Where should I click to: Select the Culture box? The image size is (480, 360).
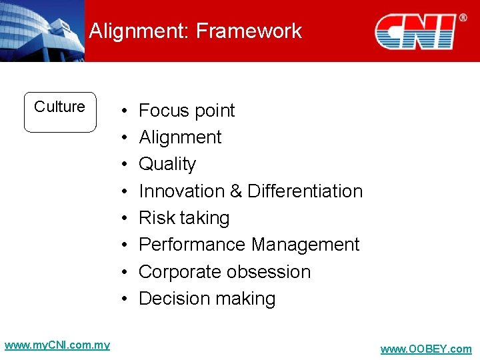[x=60, y=112]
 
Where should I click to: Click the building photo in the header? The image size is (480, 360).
[x=41, y=31]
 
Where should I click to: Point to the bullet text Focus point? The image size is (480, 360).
[x=187, y=111]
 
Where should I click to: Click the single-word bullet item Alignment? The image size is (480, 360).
[x=180, y=137]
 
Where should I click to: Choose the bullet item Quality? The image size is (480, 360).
[x=167, y=164]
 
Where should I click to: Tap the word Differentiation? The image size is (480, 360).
[x=305, y=191]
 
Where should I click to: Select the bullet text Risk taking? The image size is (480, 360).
[x=184, y=218]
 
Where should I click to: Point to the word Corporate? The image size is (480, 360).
[x=179, y=272]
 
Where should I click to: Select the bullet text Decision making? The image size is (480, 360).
[x=207, y=299]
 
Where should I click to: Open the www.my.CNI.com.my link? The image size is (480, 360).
[x=57, y=345]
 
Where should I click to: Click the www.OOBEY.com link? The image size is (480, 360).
[x=425, y=349]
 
